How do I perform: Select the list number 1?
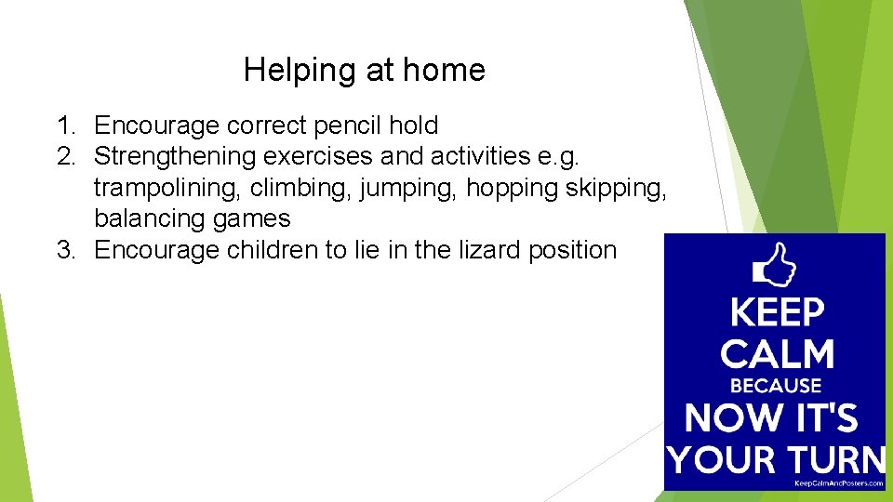pos(63,125)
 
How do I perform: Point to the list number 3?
pos(63,250)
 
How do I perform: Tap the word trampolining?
pos(166,188)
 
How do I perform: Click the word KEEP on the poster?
pos(777,313)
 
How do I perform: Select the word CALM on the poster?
pos(777,354)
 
